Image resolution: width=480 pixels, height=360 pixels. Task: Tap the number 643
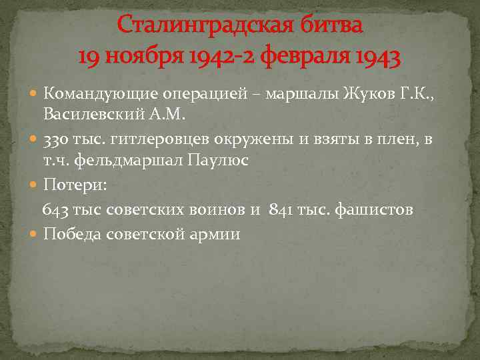(55, 210)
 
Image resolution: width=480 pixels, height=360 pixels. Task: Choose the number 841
(282, 210)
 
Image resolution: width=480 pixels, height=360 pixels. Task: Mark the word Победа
(71, 234)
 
